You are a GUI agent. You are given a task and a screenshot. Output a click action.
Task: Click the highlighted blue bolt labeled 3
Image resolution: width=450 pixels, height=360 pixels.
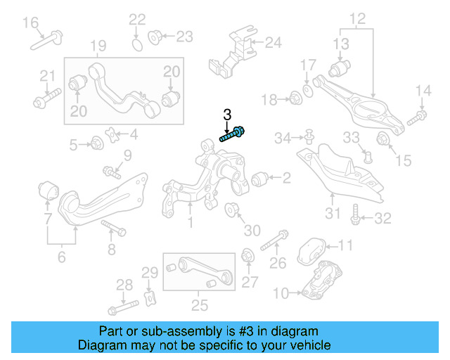[x=232, y=134]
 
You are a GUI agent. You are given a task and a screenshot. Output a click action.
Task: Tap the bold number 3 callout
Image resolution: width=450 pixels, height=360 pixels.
[x=226, y=114]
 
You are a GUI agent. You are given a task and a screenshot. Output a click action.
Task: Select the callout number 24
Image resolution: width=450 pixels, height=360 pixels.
[x=272, y=43]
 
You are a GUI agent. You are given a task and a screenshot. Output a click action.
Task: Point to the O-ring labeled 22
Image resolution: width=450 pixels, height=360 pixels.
[x=138, y=45]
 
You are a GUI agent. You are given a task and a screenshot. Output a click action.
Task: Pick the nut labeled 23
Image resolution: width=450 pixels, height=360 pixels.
[x=155, y=36]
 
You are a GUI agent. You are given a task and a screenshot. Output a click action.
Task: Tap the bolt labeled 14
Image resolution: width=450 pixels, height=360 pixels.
[x=420, y=114]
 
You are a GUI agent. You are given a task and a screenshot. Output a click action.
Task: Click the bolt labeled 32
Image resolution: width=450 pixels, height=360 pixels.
[x=357, y=215]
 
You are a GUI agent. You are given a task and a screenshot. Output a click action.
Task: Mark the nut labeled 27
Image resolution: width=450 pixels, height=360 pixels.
[x=247, y=257]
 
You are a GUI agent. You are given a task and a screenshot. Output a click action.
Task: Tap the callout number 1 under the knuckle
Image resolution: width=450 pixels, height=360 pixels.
[x=189, y=224]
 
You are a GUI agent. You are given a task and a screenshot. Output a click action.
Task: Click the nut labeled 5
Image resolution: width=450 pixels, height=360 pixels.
[x=98, y=144]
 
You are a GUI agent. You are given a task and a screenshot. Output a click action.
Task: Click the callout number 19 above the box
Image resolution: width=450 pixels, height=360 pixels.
[x=98, y=46]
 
